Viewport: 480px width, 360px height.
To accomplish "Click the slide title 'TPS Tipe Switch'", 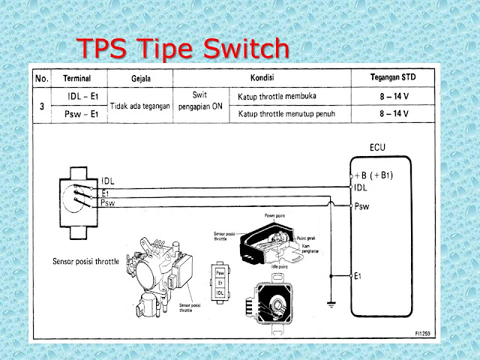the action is click(x=184, y=49).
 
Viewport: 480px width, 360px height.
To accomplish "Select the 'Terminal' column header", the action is click(x=78, y=78).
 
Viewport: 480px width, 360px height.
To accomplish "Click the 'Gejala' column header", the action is click(x=140, y=78).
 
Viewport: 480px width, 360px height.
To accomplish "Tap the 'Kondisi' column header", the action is click(x=261, y=78).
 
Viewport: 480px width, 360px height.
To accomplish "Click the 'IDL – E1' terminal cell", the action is click(x=78, y=97).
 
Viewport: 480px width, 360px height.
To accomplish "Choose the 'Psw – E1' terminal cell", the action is click(x=78, y=114).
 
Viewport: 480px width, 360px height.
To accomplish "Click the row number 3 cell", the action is click(x=41, y=106).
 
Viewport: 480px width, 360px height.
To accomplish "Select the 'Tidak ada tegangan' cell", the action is click(x=140, y=106).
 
